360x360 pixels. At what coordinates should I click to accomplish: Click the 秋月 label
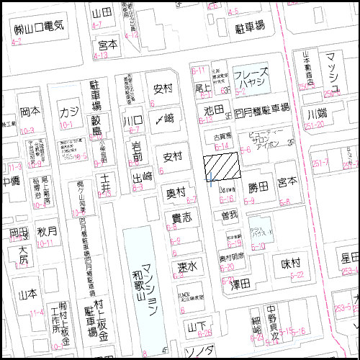pos(47,232)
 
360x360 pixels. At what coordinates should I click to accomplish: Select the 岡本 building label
pos(29,112)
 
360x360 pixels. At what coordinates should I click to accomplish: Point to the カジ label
pos(69,112)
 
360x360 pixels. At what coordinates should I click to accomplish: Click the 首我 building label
pos(230,215)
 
